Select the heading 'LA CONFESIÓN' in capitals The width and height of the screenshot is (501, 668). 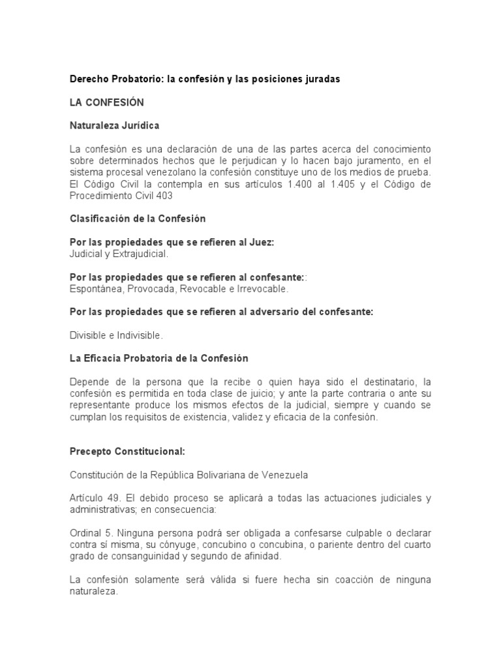[x=107, y=102]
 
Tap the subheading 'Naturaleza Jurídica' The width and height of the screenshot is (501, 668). [x=114, y=125]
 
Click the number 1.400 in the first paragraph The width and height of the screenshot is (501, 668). [x=289, y=184]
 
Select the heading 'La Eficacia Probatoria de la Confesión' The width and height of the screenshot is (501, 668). [x=159, y=359]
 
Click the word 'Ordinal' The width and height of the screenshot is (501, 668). [x=86, y=533]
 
